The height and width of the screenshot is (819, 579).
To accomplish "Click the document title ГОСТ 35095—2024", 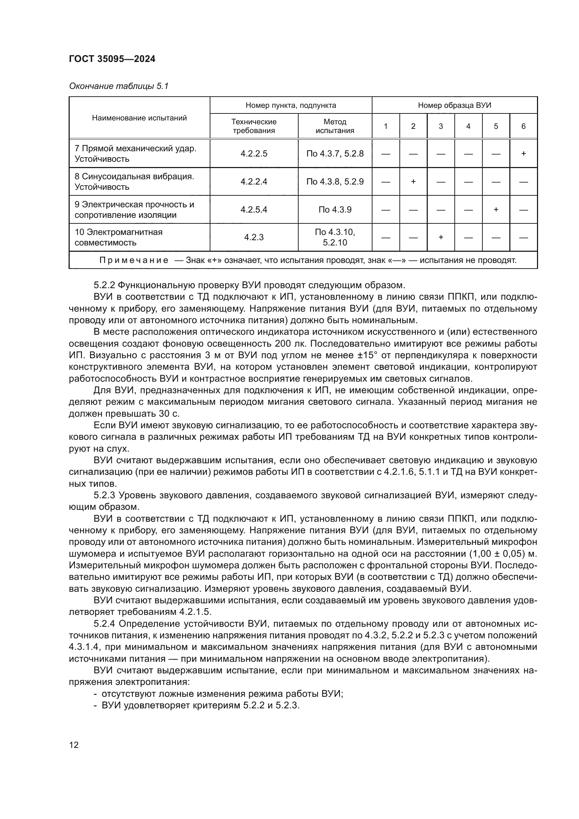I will pyautogui.click(x=112, y=59).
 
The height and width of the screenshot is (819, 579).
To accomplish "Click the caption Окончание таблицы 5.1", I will pyautogui.click(x=118, y=86).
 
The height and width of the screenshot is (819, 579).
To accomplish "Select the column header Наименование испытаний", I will pyautogui.click(x=139, y=118).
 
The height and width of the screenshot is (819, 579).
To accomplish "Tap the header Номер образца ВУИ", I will pyautogui.click(x=454, y=106).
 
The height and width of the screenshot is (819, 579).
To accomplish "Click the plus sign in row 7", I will pyautogui.click(x=523, y=154).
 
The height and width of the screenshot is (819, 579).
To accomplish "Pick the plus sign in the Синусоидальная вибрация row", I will pyautogui.click(x=413, y=182).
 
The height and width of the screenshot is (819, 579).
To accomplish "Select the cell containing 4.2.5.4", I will pyautogui.click(x=253, y=209).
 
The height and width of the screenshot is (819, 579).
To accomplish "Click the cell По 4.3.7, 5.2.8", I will pyautogui.click(x=335, y=154).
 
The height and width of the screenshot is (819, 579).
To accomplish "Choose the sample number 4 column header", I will pyautogui.click(x=468, y=126).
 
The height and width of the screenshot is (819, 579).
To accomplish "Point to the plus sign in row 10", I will pyautogui.click(x=441, y=237).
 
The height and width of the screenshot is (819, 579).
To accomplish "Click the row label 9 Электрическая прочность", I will pyautogui.click(x=134, y=205).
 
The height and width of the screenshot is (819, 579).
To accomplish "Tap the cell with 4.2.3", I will pyautogui.click(x=253, y=237).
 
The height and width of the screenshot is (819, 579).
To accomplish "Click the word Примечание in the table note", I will pyautogui.click(x=134, y=261).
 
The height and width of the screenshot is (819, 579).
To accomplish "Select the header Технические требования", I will pyautogui.click(x=253, y=126).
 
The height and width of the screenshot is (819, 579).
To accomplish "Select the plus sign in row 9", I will pyautogui.click(x=496, y=209).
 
